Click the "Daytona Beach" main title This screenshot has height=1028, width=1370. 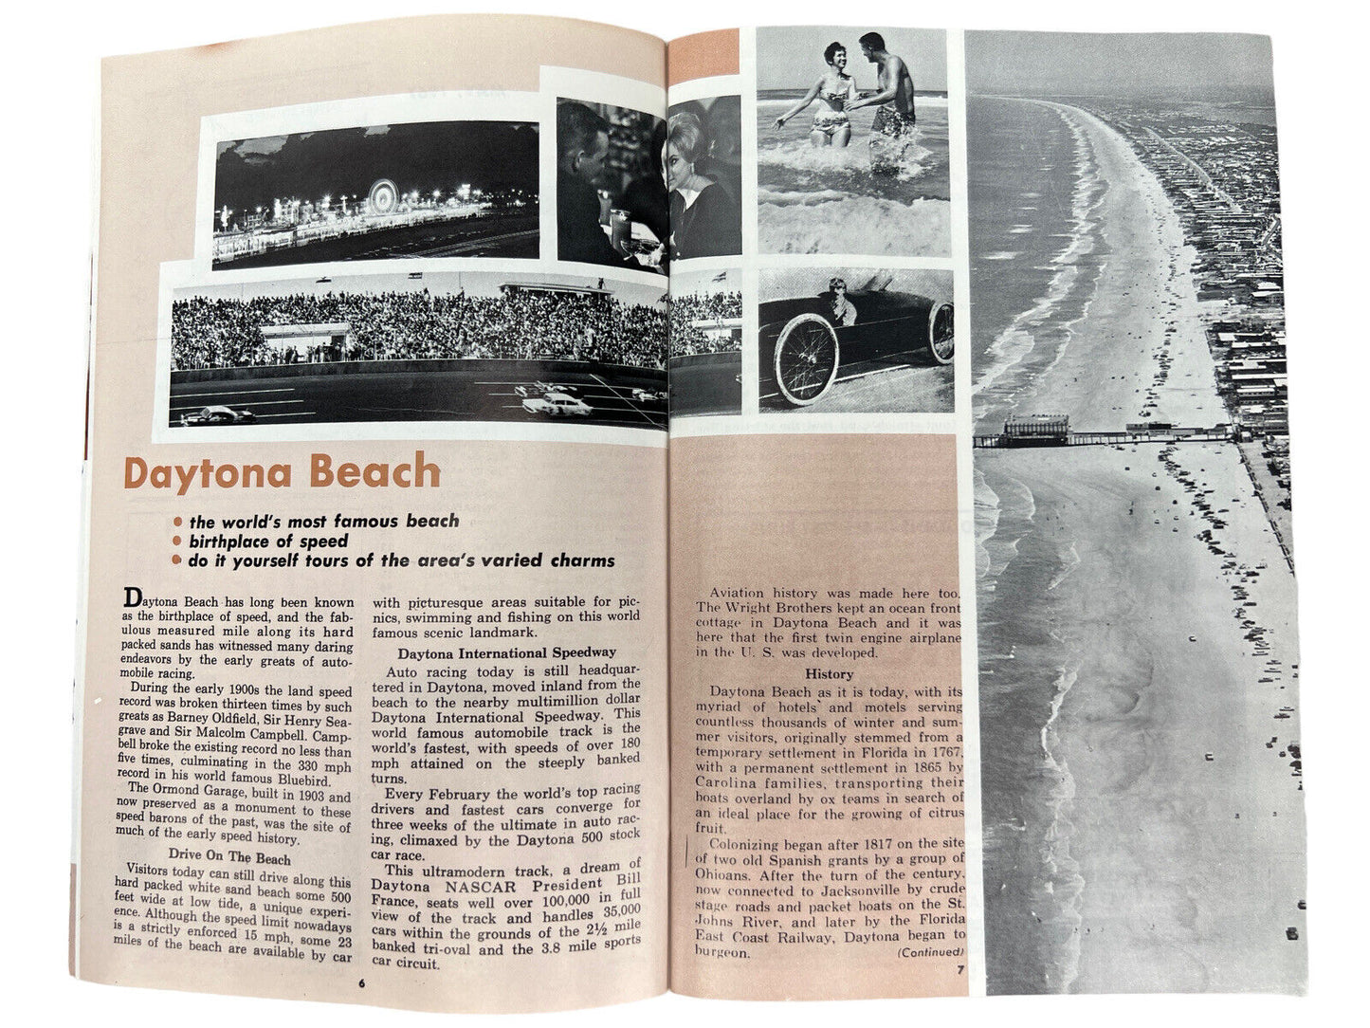[283, 473]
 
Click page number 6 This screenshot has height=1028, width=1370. [360, 982]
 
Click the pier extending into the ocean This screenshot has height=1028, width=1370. [1090, 435]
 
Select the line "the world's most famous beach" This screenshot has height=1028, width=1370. [324, 521]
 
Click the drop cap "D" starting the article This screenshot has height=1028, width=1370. [133, 597]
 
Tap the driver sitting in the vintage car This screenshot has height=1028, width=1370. [839, 303]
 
